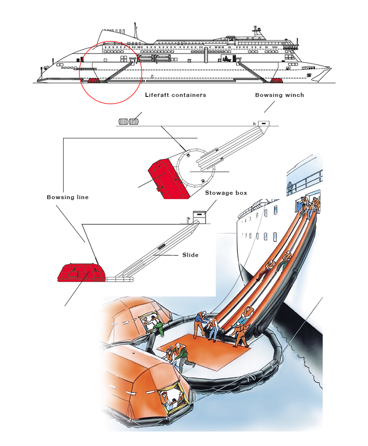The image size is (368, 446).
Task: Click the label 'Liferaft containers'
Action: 175,95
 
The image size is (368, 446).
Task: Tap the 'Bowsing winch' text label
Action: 279,95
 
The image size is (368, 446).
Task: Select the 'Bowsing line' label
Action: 67,197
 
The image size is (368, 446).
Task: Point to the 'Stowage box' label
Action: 226,193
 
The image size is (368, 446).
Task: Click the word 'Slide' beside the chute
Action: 190,255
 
